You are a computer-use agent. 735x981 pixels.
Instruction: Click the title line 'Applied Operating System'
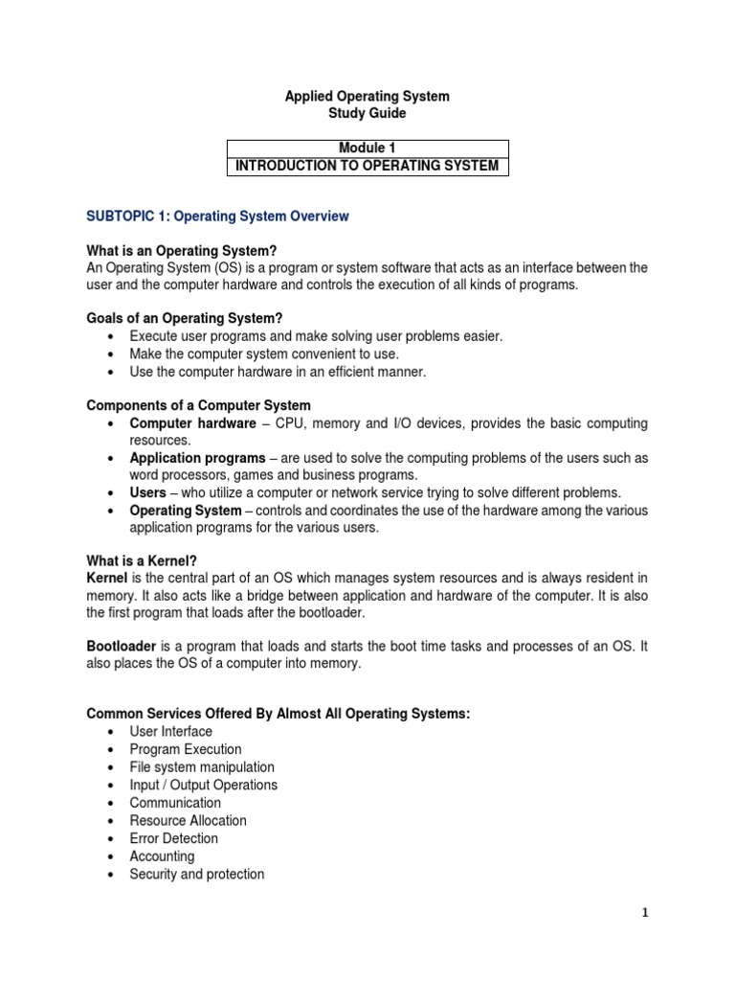367,97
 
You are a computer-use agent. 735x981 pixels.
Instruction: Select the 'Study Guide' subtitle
367,114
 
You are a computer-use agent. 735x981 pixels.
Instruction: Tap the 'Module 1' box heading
367,148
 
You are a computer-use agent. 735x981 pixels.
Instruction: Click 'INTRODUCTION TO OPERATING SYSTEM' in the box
367,166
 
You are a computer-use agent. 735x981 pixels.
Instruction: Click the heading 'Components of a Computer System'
198,405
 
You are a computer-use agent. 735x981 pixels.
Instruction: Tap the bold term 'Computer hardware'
192,423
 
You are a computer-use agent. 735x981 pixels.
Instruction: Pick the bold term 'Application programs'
198,458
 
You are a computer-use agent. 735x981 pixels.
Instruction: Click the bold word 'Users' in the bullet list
148,492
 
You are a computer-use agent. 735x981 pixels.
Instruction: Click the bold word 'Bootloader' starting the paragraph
122,648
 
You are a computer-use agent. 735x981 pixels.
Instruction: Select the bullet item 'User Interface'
171,732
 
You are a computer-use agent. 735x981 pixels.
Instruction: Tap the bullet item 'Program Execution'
186,749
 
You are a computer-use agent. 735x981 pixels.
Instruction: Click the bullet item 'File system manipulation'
202,767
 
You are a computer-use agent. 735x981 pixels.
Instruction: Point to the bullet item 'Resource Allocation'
189,821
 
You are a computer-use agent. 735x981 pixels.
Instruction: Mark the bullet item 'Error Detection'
174,838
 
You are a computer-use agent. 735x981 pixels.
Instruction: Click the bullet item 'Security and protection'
197,875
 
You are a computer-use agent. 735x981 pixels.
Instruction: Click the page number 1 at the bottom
645,913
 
